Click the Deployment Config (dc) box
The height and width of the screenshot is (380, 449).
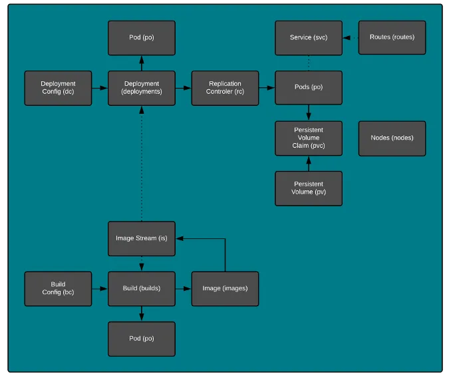click(58, 88)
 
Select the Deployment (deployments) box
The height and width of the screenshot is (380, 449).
click(142, 88)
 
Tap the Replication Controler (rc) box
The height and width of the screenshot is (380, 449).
click(225, 88)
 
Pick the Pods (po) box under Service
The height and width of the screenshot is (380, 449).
click(309, 88)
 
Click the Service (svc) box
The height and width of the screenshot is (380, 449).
click(309, 37)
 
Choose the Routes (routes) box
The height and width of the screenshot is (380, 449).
click(392, 37)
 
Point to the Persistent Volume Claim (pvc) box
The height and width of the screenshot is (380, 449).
click(309, 138)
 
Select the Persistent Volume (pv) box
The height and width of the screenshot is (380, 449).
click(309, 188)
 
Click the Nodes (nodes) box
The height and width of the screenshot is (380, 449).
click(392, 138)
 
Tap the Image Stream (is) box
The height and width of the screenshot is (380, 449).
click(142, 238)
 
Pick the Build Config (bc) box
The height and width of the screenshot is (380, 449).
click(58, 288)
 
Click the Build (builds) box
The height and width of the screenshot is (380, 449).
click(142, 288)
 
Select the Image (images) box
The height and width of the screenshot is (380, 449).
click(225, 288)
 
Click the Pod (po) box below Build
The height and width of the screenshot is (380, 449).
click(142, 339)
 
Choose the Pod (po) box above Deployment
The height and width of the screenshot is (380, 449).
click(142, 37)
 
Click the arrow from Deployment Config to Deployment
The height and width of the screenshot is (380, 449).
click(100, 88)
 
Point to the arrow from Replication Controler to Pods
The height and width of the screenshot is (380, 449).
click(267, 88)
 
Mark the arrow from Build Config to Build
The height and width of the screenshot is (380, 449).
click(100, 288)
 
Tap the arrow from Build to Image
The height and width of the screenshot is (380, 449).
click(184, 288)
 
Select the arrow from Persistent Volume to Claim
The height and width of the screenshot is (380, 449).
click(309, 164)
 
